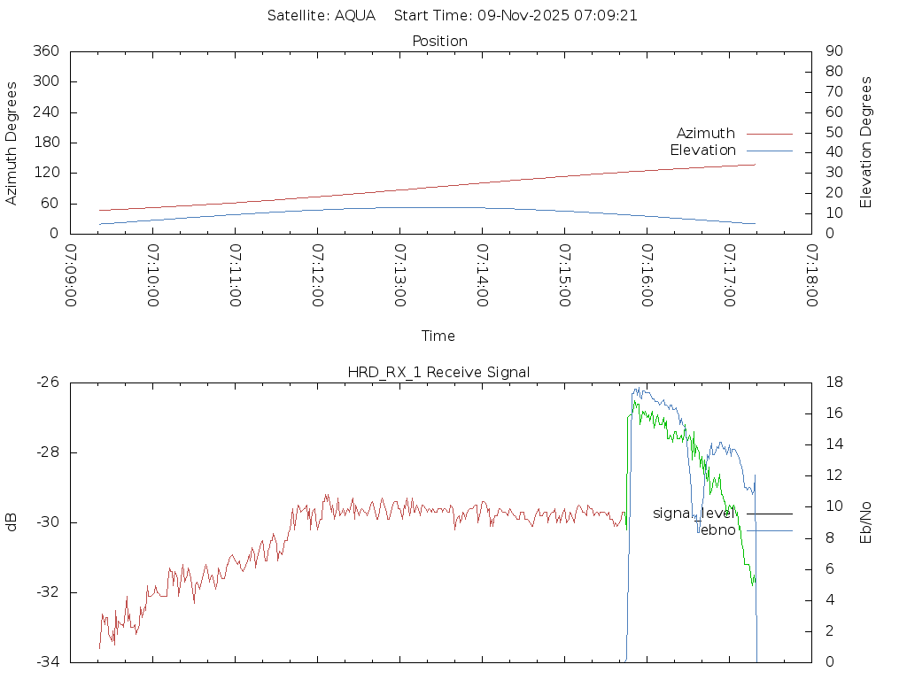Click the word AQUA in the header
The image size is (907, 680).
[354, 15]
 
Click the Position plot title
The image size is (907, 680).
[439, 41]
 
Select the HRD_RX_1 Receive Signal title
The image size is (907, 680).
[438, 372]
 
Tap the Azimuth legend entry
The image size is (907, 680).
[706, 133]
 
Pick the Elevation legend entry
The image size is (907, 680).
[702, 151]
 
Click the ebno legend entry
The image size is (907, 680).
[717, 530]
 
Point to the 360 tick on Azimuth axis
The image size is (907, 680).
[45, 51]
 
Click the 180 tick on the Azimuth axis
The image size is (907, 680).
[45, 143]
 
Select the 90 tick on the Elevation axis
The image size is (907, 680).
[833, 51]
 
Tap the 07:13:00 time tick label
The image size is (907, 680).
[400, 275]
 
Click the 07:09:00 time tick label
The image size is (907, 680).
[71, 275]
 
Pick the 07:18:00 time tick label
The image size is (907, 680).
[811, 275]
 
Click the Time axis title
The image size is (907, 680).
[438, 336]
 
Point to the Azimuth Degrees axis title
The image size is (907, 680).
[12, 143]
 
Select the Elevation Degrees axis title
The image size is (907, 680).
[866, 143]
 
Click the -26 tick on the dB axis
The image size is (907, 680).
[47, 382]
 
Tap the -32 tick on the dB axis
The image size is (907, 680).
[47, 592]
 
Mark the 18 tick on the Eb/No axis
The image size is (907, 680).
[833, 382]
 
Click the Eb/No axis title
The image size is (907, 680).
[866, 522]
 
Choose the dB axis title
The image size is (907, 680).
[12, 522]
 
